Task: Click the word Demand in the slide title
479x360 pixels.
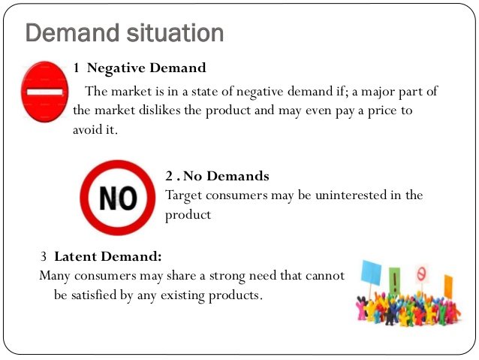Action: coord(72,32)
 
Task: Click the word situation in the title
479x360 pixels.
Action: coord(175,32)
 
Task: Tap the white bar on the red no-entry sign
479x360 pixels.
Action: coord(44,92)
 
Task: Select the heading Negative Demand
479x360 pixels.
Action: coord(146,68)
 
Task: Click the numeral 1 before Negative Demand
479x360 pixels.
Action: coord(77,68)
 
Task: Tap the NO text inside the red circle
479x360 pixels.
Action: coord(118,198)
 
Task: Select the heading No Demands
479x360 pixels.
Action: coord(226,176)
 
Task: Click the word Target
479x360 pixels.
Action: coord(184,195)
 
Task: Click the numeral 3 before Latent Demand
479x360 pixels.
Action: coord(44,256)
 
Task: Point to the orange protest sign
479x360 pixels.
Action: coord(448,286)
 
